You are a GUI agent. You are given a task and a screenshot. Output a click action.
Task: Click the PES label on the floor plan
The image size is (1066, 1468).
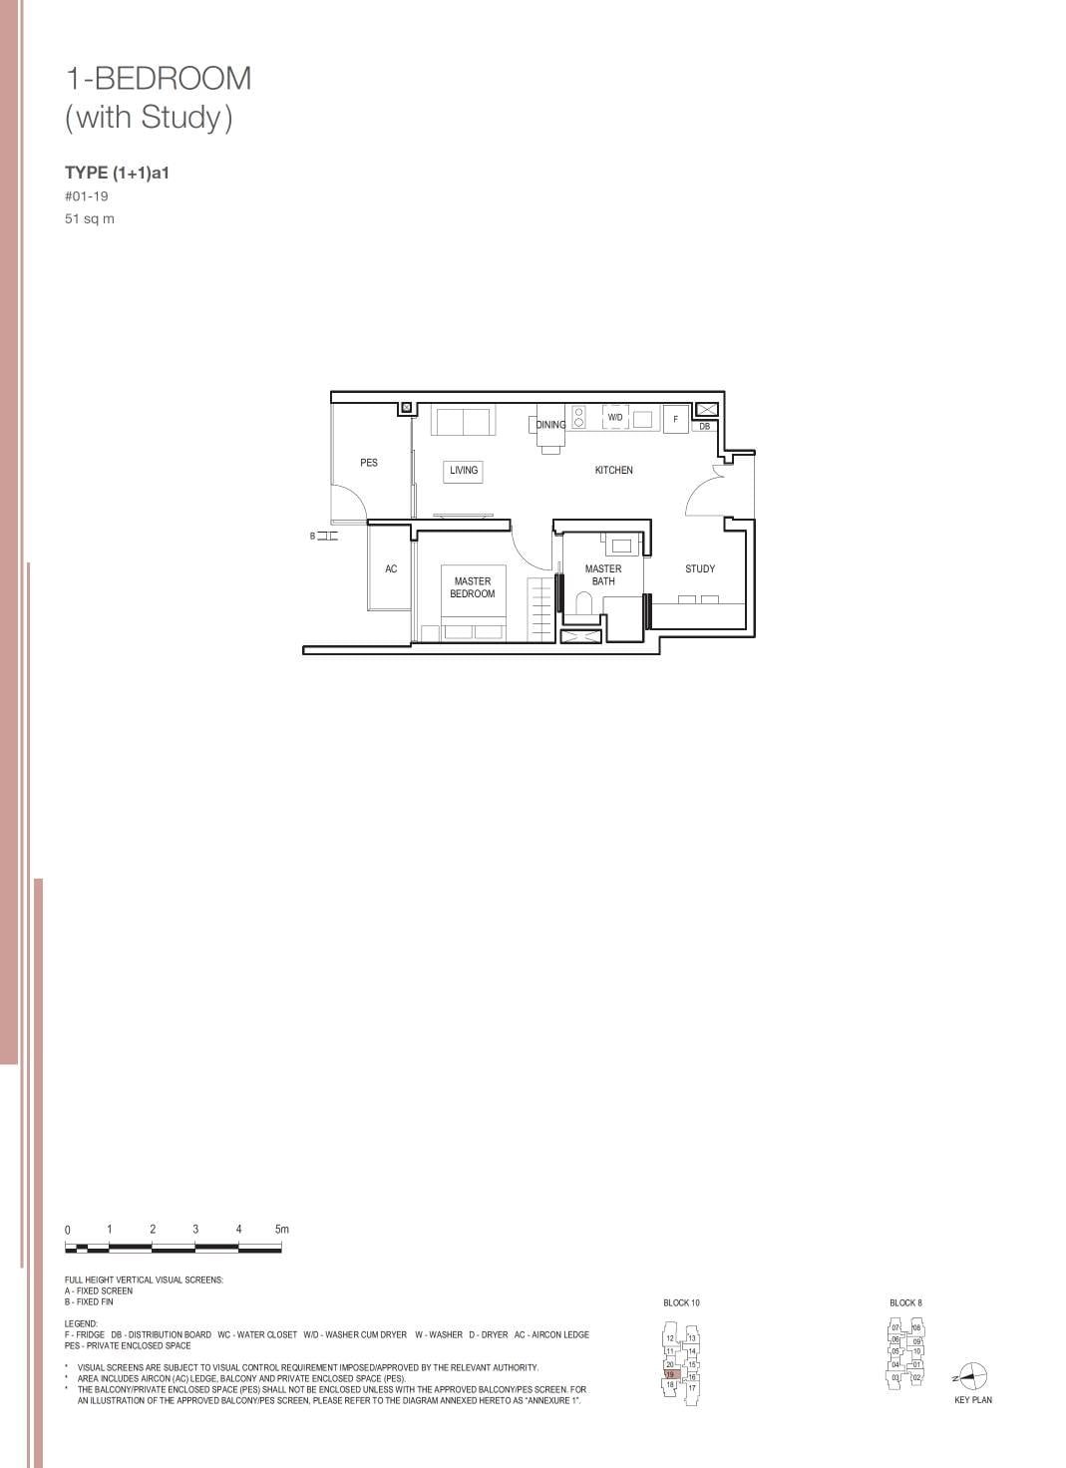(369, 463)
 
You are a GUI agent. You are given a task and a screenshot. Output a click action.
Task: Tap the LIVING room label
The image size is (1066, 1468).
(464, 471)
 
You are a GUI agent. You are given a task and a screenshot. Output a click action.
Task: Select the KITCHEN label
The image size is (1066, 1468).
(613, 470)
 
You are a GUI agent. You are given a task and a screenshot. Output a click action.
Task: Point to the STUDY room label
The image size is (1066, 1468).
(699, 568)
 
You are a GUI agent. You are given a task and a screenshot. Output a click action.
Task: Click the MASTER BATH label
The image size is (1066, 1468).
(603, 574)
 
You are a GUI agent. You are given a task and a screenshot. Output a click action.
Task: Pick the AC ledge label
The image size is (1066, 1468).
(391, 569)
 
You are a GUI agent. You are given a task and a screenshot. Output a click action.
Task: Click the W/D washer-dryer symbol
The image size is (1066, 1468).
(615, 418)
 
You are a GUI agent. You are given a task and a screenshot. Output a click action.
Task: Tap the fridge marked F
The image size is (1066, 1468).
(675, 420)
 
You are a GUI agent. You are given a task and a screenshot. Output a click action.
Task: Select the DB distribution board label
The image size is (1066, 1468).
(704, 427)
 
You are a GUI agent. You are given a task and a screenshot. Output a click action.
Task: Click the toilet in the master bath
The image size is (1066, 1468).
(585, 602)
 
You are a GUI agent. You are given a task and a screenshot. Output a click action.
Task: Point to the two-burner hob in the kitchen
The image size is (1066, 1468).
(578, 417)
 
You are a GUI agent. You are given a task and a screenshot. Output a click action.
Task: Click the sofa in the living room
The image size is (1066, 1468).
(463, 421)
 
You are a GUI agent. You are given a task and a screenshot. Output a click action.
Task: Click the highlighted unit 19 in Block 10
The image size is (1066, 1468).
(670, 1374)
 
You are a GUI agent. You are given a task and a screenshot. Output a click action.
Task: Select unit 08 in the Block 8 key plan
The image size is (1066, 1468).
(915, 1328)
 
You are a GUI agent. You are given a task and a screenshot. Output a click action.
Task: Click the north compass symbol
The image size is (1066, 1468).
(973, 1376)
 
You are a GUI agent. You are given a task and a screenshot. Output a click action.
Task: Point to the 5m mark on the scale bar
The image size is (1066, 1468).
(281, 1230)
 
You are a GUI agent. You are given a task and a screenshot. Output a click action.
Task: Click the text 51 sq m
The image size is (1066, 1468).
(90, 219)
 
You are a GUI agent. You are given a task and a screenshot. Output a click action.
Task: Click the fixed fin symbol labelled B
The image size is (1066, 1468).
(325, 537)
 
